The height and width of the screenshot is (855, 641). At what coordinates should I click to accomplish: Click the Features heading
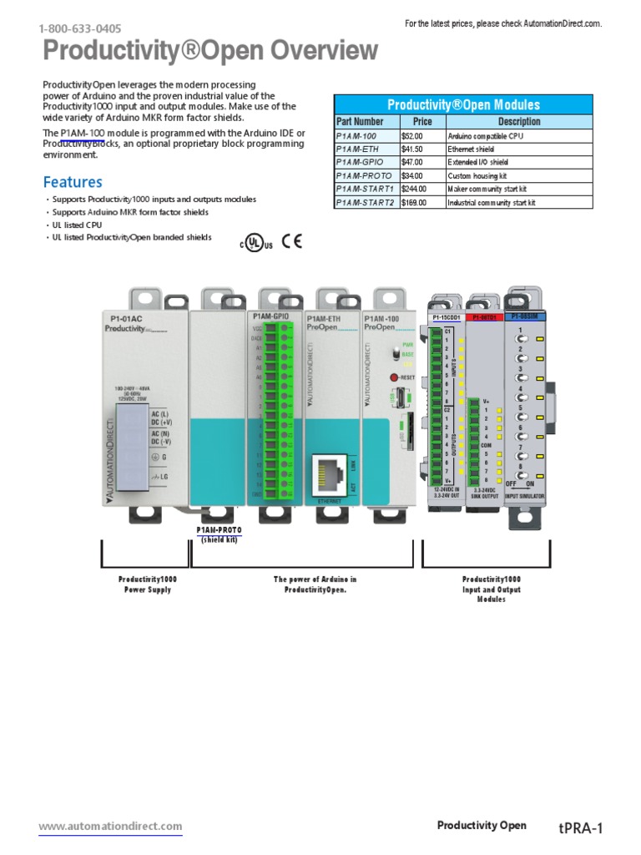pyautogui.click(x=73, y=181)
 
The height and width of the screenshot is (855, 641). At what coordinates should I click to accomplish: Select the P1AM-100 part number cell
pyautogui.click(x=356, y=135)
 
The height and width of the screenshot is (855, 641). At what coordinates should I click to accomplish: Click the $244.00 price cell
pyautogui.click(x=414, y=189)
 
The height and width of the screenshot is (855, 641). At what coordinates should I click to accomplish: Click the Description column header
pyautogui.click(x=518, y=122)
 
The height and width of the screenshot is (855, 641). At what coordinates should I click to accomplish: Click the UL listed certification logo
pyautogui.click(x=257, y=243)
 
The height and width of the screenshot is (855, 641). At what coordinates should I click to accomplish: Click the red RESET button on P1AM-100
pyautogui.click(x=394, y=377)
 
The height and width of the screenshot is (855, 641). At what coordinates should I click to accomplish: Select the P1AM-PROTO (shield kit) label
pyautogui.click(x=219, y=534)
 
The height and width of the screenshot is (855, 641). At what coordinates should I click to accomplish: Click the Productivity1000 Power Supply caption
pyautogui.click(x=147, y=584)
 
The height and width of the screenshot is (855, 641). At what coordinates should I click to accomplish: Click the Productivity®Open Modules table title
pyautogui.click(x=463, y=105)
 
